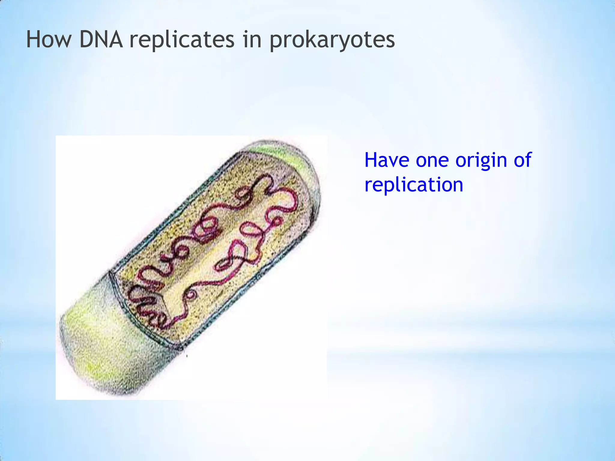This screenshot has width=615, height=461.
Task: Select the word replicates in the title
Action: pos(182,40)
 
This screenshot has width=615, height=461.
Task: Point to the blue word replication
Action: pos(414,185)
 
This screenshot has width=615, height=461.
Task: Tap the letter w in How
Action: pos(62,41)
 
